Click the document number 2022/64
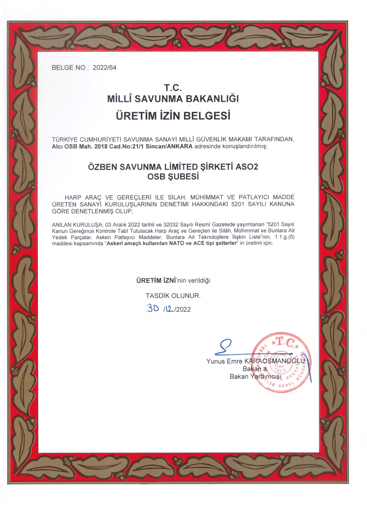tap(104, 68)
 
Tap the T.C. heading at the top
tap(173, 87)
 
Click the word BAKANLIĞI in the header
tap(212, 99)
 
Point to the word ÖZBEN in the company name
tap(102, 167)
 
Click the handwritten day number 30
tap(153, 308)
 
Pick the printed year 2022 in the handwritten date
tap(183, 310)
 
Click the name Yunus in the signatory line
tap(215, 361)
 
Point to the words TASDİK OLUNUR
tap(173, 296)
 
